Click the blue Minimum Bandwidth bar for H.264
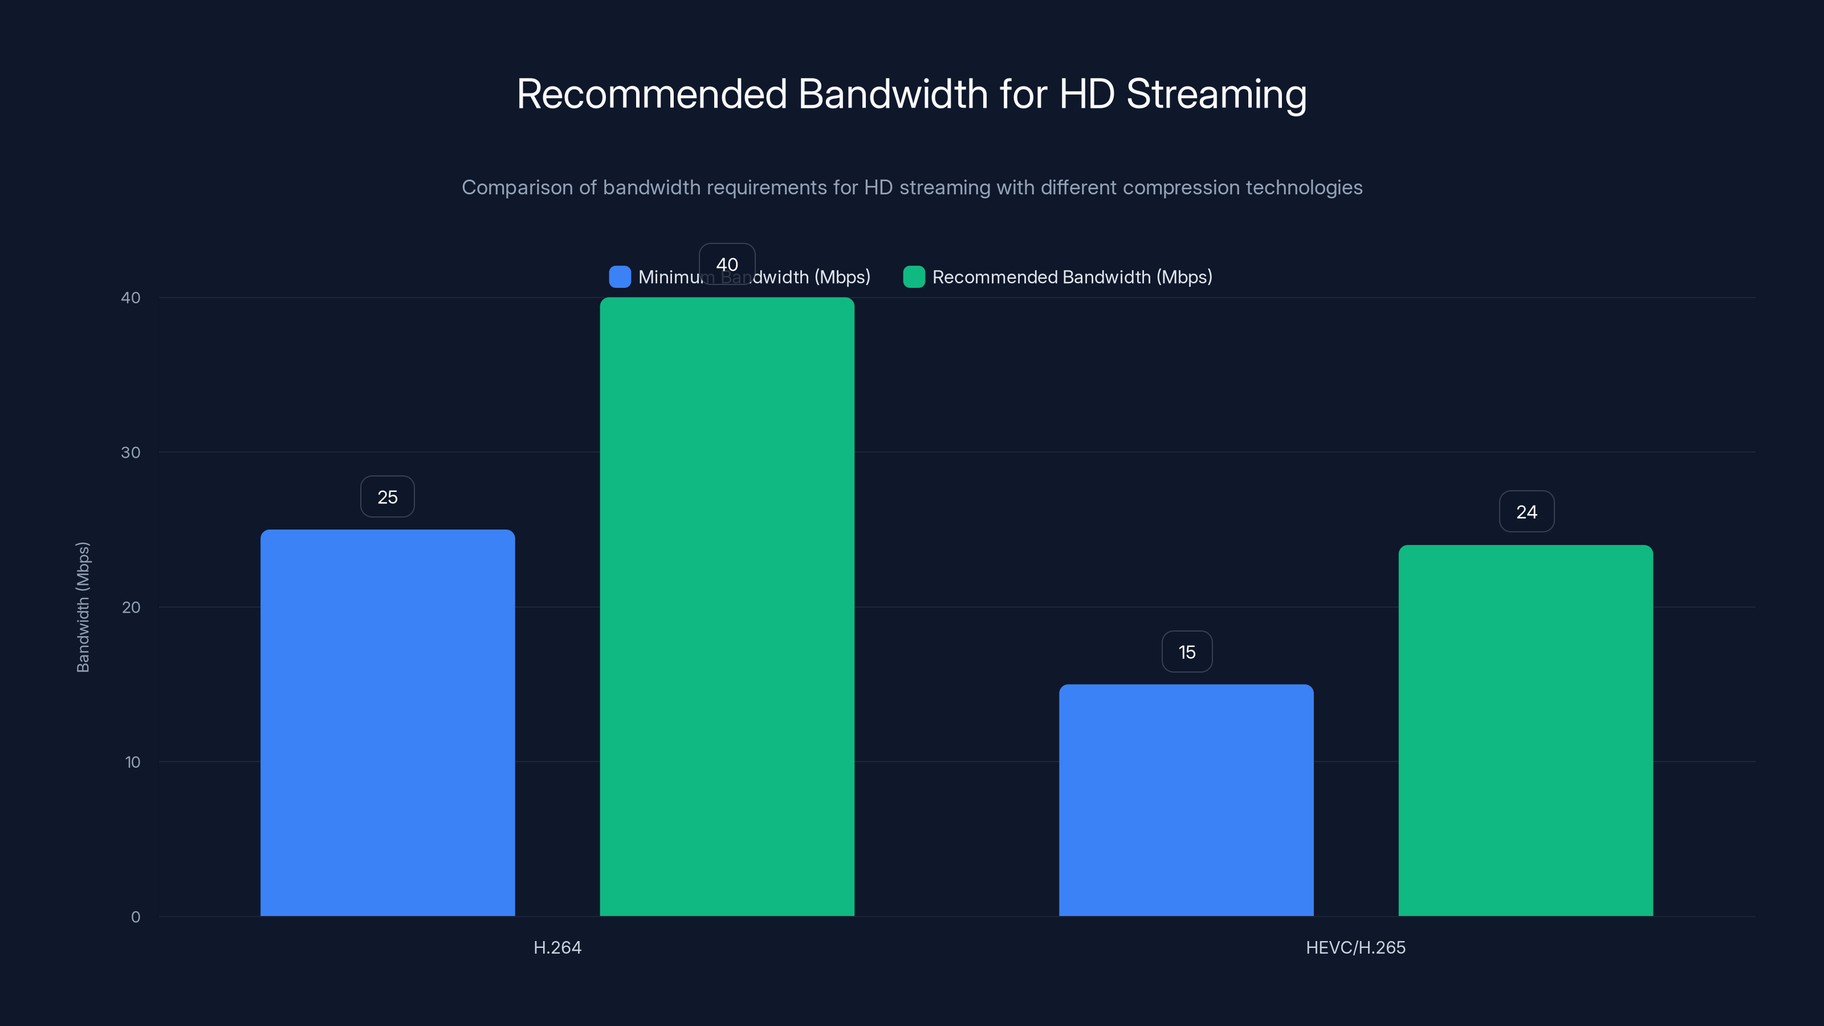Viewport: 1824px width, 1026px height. pos(388,722)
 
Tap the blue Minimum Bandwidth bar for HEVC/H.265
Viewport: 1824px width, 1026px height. pos(1186,800)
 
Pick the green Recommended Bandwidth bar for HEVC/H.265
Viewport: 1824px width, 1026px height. pos(1526,730)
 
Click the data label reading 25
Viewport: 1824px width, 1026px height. pos(388,497)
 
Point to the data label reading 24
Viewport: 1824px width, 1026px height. pos(1526,512)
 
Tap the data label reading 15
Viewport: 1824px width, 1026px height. pos(1187,652)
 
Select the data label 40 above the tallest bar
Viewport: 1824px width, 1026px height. pos(727,264)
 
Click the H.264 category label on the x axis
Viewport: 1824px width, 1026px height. pos(557,947)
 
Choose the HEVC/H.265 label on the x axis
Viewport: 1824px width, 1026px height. pos(1355,947)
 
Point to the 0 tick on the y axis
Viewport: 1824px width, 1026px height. pos(135,917)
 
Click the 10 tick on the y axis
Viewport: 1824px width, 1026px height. pos(132,762)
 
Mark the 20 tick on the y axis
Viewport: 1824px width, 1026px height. pos(131,608)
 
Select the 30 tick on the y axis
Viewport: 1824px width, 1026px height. pos(131,453)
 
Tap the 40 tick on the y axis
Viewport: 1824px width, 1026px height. pos(131,298)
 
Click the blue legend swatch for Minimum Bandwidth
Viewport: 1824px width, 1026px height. pos(620,277)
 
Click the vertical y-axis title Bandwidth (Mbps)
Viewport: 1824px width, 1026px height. pos(83,607)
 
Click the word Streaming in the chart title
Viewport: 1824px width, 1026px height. pos(1216,94)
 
